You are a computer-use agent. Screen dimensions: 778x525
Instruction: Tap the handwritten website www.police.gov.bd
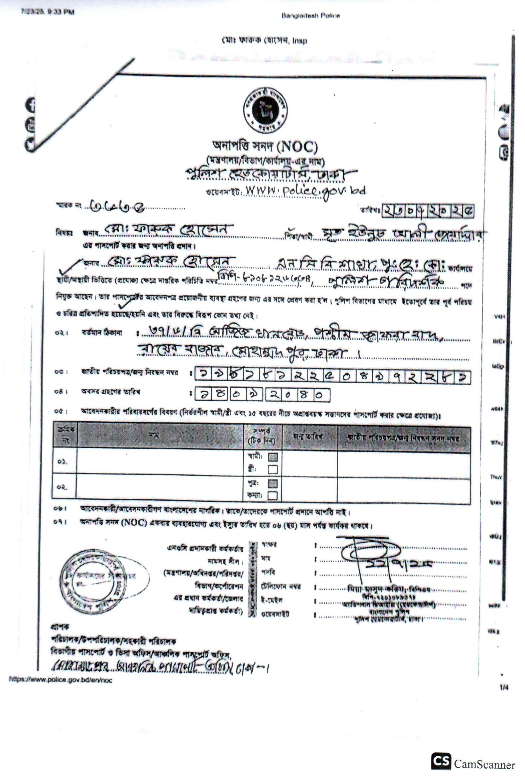(305, 191)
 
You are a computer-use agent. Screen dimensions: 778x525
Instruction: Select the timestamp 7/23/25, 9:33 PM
(47, 12)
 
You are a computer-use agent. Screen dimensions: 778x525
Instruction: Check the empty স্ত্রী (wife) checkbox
(273, 470)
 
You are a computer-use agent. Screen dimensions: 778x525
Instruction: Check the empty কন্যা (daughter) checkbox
(273, 496)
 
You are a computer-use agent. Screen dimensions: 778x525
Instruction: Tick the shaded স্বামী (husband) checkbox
(273, 457)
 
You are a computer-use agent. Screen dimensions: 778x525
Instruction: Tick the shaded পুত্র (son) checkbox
(273, 484)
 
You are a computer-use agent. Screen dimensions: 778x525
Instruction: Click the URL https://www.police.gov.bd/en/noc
(61, 680)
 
